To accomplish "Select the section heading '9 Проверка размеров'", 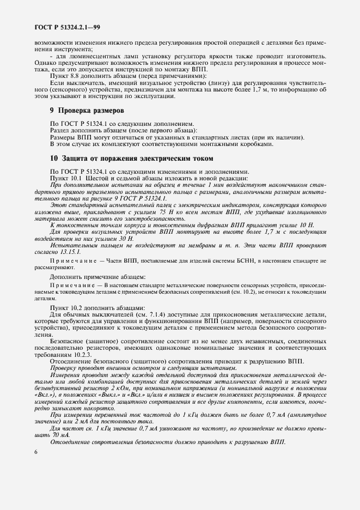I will (86, 111).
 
